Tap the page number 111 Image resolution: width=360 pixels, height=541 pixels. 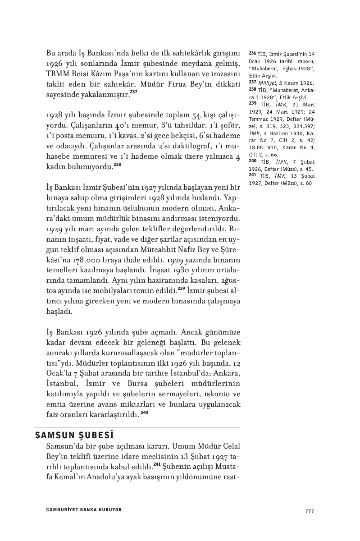pyautogui.click(x=310, y=510)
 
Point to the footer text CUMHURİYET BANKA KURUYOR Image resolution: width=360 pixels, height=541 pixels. pyautogui.click(x=84, y=510)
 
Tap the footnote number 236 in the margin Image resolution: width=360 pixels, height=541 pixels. pyautogui.click(x=252, y=53)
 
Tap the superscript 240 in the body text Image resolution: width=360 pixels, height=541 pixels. pyautogui.click(x=144, y=412)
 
